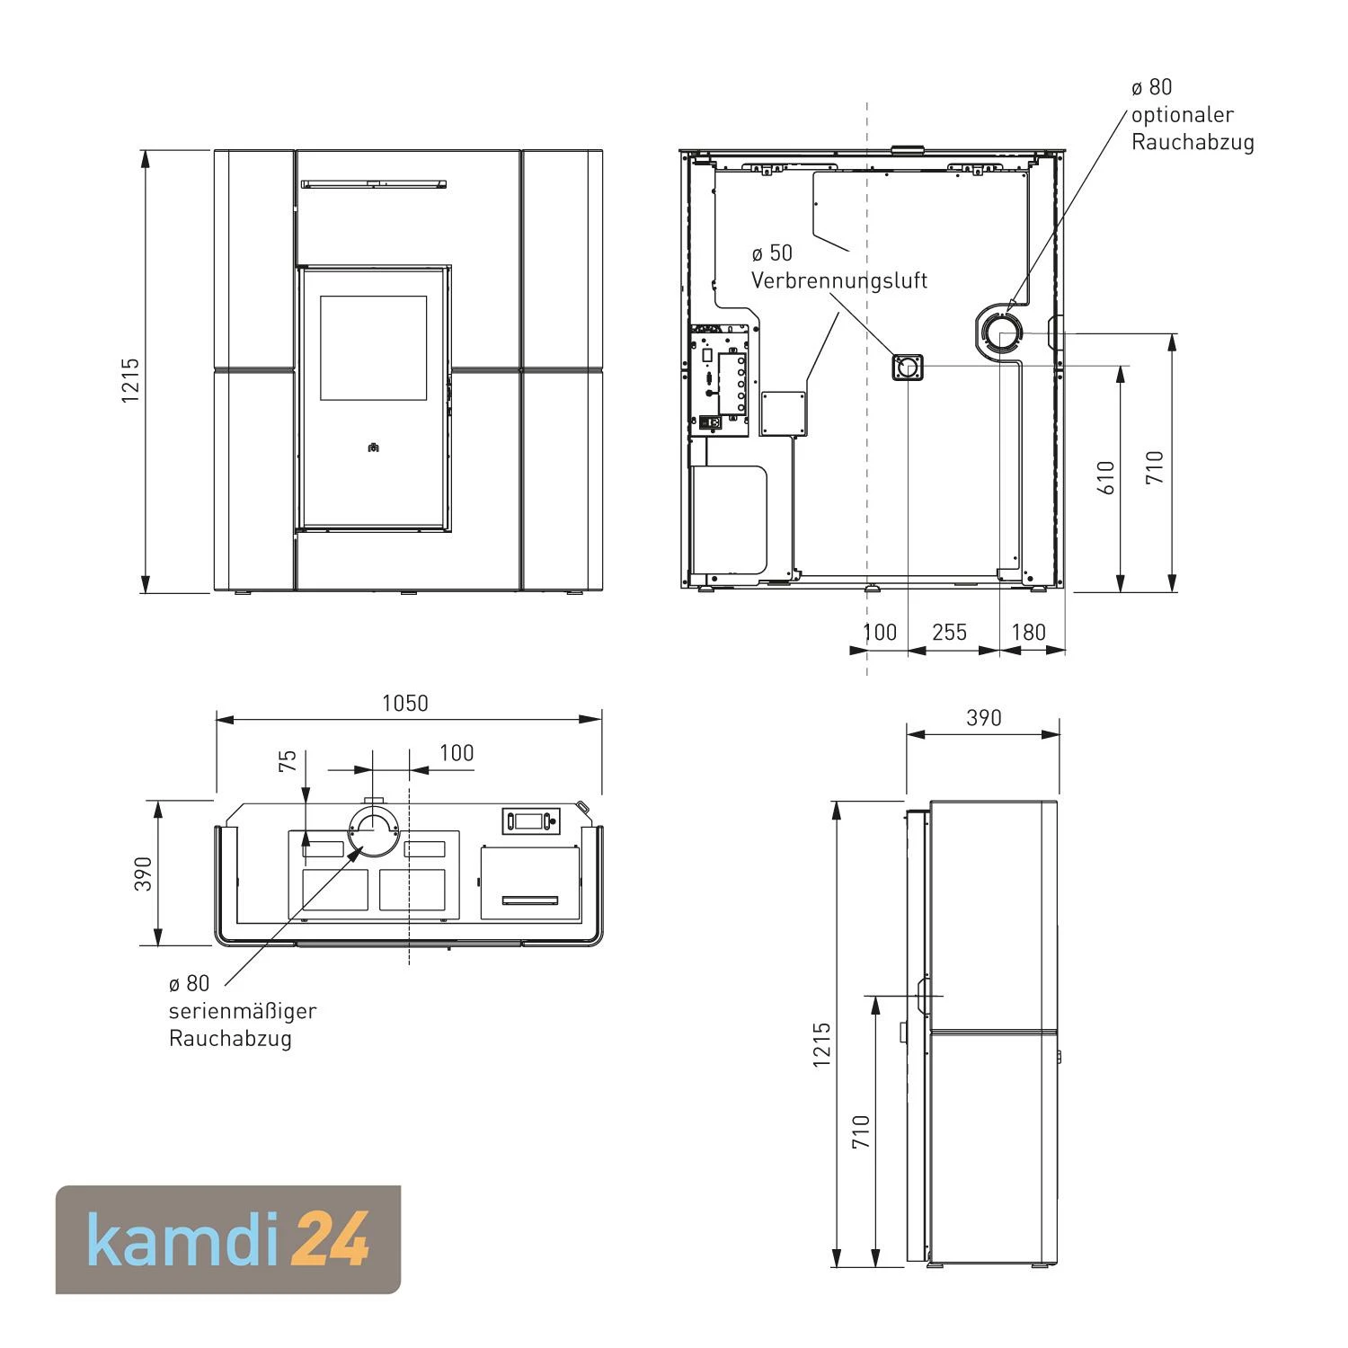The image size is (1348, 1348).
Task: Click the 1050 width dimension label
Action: click(x=405, y=703)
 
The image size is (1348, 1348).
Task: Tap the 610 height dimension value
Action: click(x=1106, y=477)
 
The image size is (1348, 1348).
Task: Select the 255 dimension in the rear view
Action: click(x=949, y=633)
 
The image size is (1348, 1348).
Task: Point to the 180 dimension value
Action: click(x=1029, y=633)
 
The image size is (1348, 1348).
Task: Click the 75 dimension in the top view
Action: click(x=288, y=761)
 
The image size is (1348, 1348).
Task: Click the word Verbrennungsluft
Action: click(x=839, y=280)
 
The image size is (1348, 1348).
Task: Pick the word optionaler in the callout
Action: click(x=1183, y=115)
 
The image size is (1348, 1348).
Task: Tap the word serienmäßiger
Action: click(x=243, y=1011)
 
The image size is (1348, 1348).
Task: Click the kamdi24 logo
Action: click(x=228, y=1240)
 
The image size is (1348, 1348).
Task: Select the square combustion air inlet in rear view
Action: click(x=909, y=367)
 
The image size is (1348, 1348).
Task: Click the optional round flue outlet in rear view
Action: click(x=1000, y=333)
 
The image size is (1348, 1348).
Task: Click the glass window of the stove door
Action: click(x=374, y=348)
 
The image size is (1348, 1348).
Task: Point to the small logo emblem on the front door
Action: click(x=374, y=447)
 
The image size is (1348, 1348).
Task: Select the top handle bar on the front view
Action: click(x=374, y=184)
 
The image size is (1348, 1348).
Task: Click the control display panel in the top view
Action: click(x=530, y=820)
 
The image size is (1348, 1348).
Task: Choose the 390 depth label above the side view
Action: click(x=983, y=718)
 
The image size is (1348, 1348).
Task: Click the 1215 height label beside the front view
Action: click(x=131, y=380)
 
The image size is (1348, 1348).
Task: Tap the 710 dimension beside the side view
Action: click(x=862, y=1133)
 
